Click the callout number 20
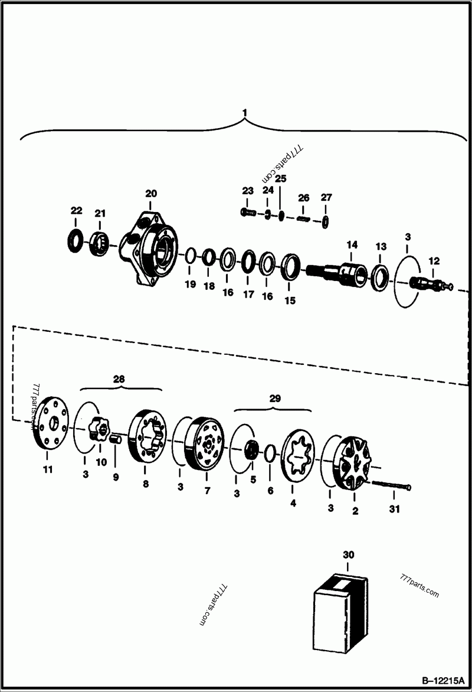151,194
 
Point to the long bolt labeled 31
392,486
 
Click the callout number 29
274,399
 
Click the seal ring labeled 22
76,241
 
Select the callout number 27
326,197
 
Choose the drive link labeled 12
430,283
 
